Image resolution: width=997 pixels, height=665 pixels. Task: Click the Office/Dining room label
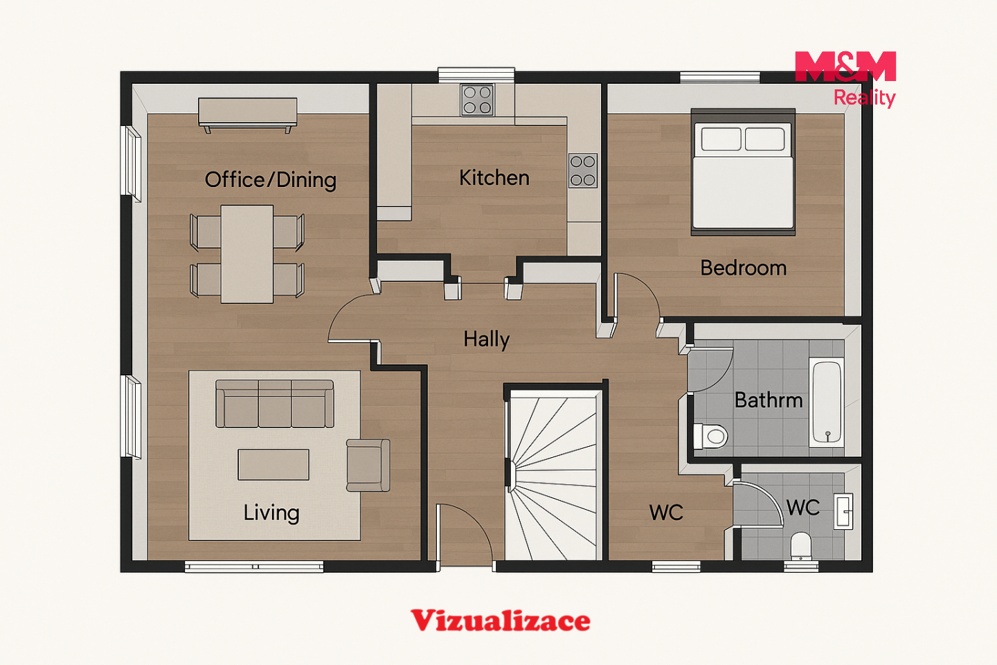pyautogui.click(x=271, y=180)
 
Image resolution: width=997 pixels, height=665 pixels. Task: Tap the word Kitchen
pyautogui.click(x=494, y=178)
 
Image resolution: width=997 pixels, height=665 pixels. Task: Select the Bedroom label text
pyautogui.click(x=744, y=268)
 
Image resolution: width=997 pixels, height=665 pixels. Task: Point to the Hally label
pyautogui.click(x=486, y=340)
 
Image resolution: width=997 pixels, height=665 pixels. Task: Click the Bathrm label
pyautogui.click(x=769, y=400)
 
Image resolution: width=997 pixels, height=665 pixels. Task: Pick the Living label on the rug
pyautogui.click(x=271, y=513)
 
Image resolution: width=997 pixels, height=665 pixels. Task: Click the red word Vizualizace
pyautogui.click(x=501, y=621)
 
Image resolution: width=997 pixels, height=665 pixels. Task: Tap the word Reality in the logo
pyautogui.click(x=864, y=98)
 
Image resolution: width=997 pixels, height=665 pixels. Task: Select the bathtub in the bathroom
pyautogui.click(x=827, y=402)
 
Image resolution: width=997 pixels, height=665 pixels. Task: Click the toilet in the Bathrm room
pyautogui.click(x=711, y=436)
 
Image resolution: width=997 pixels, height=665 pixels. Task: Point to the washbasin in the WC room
pyautogui.click(x=843, y=511)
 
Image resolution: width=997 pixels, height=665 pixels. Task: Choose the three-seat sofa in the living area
pyautogui.click(x=275, y=404)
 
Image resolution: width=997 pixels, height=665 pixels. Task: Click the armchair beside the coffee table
pyautogui.click(x=368, y=465)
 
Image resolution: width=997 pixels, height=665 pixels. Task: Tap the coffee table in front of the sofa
pyautogui.click(x=273, y=465)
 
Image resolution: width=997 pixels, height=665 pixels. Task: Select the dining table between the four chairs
pyautogui.click(x=247, y=254)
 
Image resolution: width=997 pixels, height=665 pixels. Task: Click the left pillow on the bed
pyautogui.click(x=721, y=139)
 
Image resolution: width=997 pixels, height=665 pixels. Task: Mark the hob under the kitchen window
pyautogui.click(x=477, y=100)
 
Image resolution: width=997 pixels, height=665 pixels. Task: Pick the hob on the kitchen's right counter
pyautogui.click(x=583, y=170)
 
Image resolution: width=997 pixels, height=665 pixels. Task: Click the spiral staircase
pyautogui.click(x=555, y=475)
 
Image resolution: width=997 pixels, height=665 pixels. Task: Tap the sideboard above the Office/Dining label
pyautogui.click(x=247, y=114)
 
